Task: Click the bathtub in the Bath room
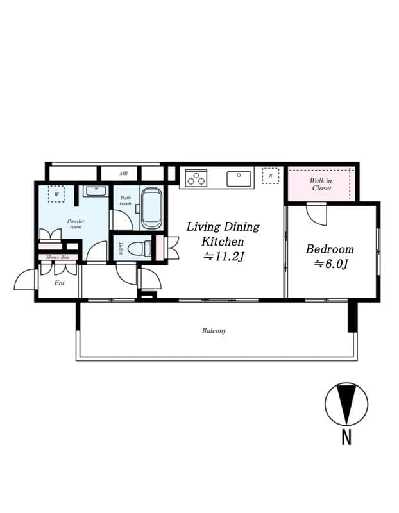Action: [151, 208]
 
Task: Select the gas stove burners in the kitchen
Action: [196, 178]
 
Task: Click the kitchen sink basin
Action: [239, 178]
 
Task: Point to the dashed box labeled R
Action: [271, 176]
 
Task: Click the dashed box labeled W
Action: [56, 194]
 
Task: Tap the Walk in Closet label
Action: [321, 185]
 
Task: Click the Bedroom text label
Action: [329, 249]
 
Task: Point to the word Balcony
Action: [214, 331]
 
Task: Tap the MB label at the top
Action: [123, 174]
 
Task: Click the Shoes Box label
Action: [57, 257]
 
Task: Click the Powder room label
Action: [76, 224]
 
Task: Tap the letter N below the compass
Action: [346, 438]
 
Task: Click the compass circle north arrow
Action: [346, 404]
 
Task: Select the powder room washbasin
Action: [96, 190]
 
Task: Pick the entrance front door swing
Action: [26, 280]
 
